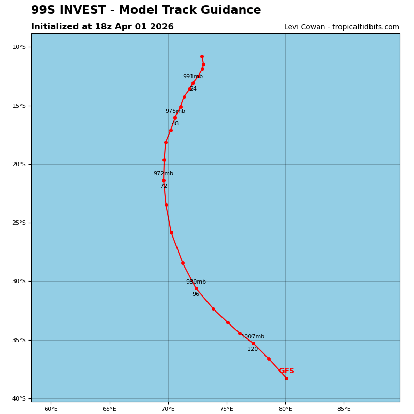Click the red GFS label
click(287, 371)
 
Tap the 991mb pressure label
click(193, 77)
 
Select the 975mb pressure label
click(175, 111)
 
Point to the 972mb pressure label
click(163, 174)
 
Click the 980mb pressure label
click(196, 282)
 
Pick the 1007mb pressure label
click(253, 337)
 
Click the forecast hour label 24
click(193, 89)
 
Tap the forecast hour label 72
click(164, 186)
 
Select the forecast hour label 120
click(252, 349)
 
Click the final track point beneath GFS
click(286, 378)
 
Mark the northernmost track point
click(202, 56)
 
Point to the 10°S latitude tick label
click(19, 47)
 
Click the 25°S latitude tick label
click(19, 223)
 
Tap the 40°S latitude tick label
click(19, 399)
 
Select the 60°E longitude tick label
click(51, 409)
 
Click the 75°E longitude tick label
click(227, 409)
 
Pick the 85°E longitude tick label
click(344, 409)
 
